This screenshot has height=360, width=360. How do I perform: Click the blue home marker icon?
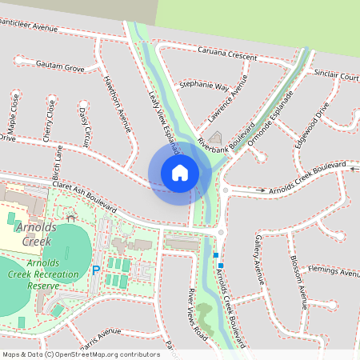click(x=180, y=173)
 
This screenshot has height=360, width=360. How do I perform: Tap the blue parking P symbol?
click(x=96, y=271)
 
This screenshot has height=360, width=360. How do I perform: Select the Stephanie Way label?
click(x=204, y=84)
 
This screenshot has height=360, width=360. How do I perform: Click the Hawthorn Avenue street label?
click(x=117, y=103)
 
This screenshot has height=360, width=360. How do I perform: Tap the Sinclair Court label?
click(x=336, y=76)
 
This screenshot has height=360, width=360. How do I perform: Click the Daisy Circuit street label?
click(x=86, y=120)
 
